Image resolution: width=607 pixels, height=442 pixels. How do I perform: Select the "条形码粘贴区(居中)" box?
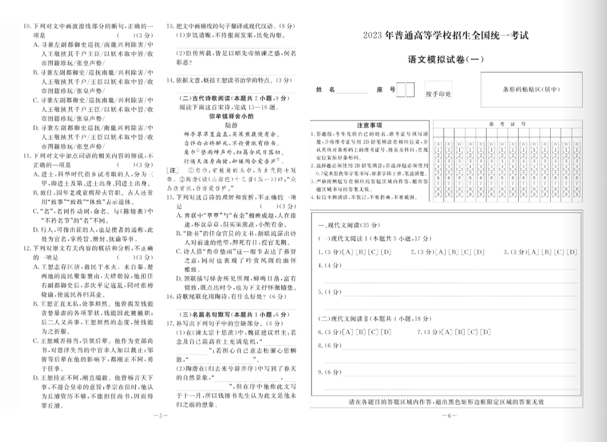531,89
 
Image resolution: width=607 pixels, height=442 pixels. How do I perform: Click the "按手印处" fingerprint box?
438,94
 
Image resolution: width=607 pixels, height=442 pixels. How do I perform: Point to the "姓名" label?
325,89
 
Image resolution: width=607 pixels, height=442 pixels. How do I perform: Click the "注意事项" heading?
369,125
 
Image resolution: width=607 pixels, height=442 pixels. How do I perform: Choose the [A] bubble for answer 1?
346,252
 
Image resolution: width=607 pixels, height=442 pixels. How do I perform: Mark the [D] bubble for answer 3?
571,252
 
